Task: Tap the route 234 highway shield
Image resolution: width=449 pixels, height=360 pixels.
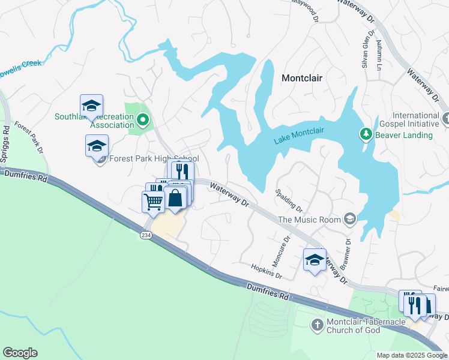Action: point(146,235)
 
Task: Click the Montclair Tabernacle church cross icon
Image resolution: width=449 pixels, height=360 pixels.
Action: point(317,325)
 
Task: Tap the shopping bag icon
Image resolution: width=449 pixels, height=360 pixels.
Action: point(175,198)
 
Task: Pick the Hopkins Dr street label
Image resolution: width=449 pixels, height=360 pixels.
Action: point(267,271)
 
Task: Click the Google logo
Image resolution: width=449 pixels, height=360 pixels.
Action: point(20,353)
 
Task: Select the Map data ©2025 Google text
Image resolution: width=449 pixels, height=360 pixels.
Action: point(411,355)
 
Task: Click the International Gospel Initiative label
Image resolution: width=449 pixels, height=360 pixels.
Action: point(416,119)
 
